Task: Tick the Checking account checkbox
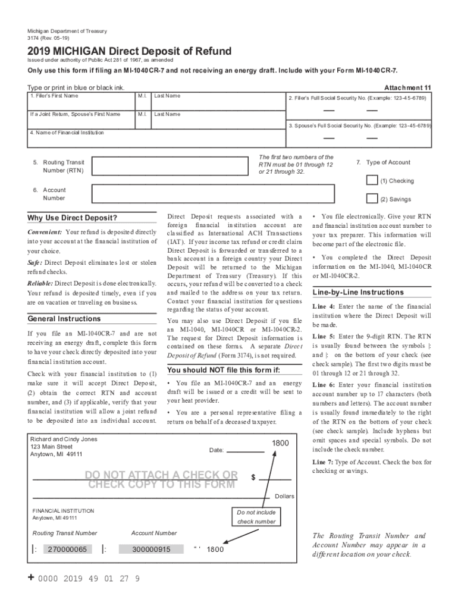click(372, 180)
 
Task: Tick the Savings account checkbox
click(372, 199)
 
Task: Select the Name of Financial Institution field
click(155, 141)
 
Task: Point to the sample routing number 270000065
click(67, 549)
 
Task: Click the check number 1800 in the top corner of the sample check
click(281, 444)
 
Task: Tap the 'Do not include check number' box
click(256, 517)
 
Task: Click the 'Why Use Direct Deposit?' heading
click(73, 218)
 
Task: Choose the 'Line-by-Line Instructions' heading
click(358, 293)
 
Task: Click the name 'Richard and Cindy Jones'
click(64, 440)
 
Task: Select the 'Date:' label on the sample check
click(217, 450)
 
